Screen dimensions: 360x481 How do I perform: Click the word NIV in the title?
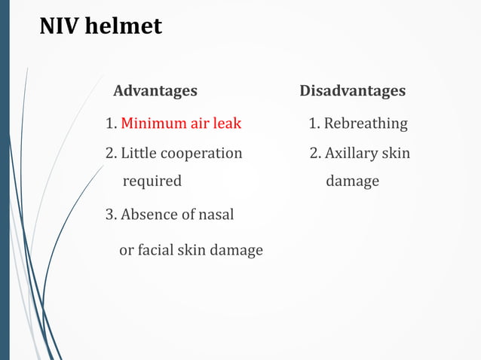58,26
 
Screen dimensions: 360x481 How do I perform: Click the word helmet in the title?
122,26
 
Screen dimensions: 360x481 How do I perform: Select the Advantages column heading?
155,91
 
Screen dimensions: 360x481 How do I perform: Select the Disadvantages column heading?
352,91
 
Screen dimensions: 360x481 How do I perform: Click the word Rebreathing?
366,123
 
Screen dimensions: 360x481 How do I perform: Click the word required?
152,182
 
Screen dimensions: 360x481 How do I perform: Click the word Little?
137,154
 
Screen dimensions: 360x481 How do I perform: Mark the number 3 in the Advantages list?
109,215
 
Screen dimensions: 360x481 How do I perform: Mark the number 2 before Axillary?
314,154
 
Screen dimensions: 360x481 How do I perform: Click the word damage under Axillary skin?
352,182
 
